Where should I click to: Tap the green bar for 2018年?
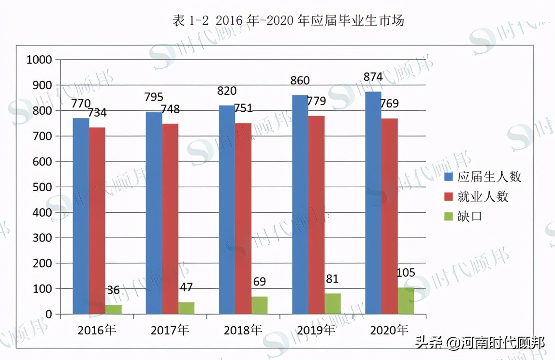[x=259, y=305]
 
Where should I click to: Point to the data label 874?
[x=373, y=77]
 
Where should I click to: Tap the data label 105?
[x=405, y=273]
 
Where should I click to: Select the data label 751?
[x=243, y=108]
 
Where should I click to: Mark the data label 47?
[x=186, y=288]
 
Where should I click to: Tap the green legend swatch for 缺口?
[x=449, y=216]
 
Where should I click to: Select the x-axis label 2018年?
[x=243, y=330]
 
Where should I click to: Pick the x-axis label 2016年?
[x=97, y=330]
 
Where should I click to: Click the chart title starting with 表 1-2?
[x=288, y=21]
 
